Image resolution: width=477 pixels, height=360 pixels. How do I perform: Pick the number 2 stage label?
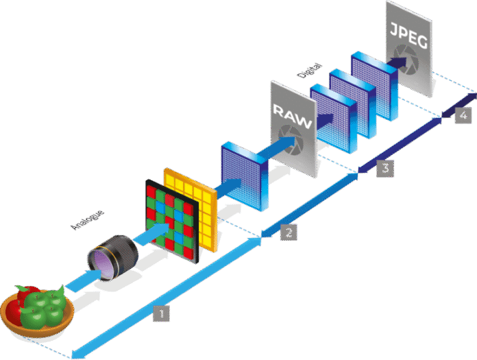pyautogui.click(x=289, y=232)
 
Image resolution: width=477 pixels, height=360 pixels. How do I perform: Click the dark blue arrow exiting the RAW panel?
pyautogui.click(x=321, y=122)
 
